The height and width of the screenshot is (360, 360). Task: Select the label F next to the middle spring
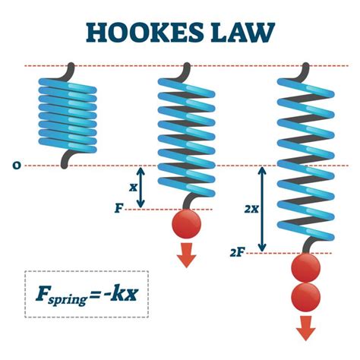(x=118, y=207)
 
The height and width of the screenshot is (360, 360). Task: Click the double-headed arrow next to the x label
(x=141, y=186)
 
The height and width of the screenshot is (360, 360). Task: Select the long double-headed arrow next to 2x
(x=262, y=209)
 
